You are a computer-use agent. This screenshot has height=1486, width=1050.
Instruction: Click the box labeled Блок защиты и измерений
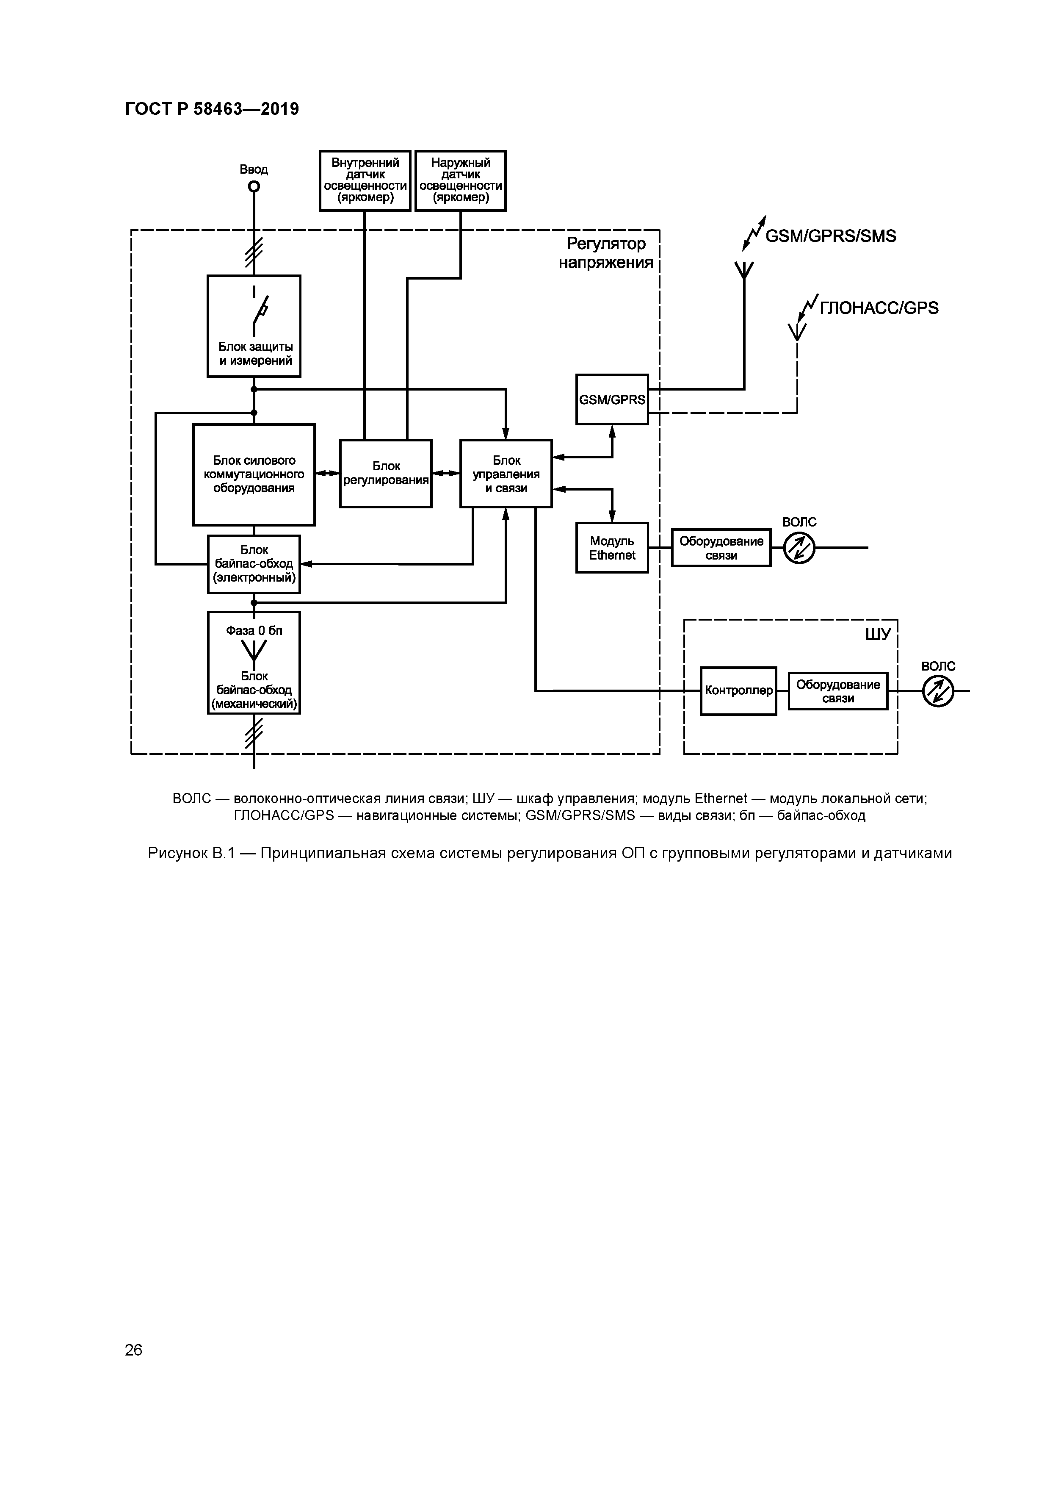[254, 326]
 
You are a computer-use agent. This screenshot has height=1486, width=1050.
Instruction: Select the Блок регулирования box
[386, 474]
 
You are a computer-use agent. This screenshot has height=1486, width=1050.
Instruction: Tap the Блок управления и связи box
[506, 474]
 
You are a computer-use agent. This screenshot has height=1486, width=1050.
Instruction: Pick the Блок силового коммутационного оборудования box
[254, 474]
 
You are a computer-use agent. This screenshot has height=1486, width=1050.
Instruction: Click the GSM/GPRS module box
[612, 399]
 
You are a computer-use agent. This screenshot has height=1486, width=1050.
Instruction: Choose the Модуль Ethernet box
[612, 548]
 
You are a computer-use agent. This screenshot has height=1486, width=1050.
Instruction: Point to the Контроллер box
[738, 690]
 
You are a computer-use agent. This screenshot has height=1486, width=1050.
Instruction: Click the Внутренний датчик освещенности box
[365, 180]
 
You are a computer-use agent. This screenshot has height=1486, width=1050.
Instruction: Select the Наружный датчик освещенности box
[461, 180]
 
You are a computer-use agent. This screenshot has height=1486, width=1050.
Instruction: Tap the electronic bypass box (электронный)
[254, 564]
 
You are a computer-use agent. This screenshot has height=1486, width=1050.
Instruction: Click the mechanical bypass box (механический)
[254, 663]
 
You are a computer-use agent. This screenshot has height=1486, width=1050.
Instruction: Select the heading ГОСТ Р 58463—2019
[212, 109]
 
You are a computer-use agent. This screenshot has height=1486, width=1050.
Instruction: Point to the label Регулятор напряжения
[606, 253]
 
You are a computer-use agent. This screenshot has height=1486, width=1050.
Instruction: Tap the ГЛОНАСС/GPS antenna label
[879, 308]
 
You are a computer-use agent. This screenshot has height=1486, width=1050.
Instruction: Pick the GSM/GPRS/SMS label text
[831, 236]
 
